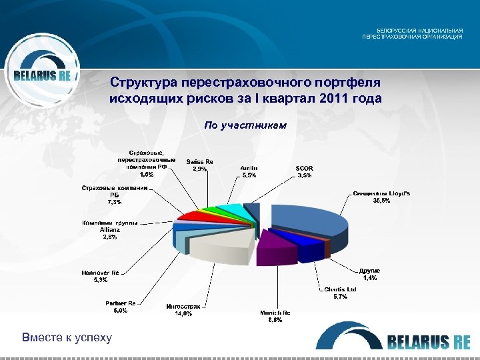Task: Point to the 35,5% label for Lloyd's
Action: (381, 201)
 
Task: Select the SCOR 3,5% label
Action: (303, 171)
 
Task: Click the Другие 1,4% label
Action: (369, 274)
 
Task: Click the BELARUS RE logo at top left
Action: (41, 75)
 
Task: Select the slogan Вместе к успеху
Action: (67, 337)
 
